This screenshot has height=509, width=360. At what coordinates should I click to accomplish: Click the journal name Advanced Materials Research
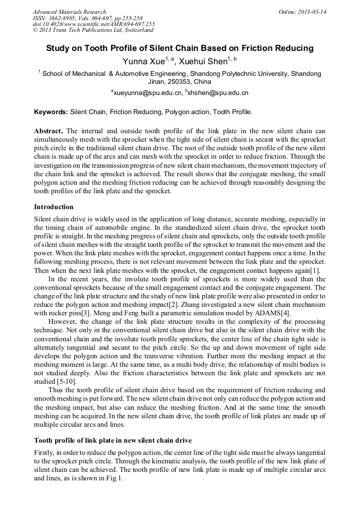pos(69,12)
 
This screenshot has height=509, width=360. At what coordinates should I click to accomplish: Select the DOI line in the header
pos(93,24)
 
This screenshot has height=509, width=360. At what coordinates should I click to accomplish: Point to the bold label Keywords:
pos(51,113)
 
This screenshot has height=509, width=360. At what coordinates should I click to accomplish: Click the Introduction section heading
pos(54,206)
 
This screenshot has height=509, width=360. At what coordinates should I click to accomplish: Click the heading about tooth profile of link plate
pos(113,440)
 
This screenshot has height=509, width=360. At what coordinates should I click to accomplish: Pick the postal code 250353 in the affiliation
pos(181,82)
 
